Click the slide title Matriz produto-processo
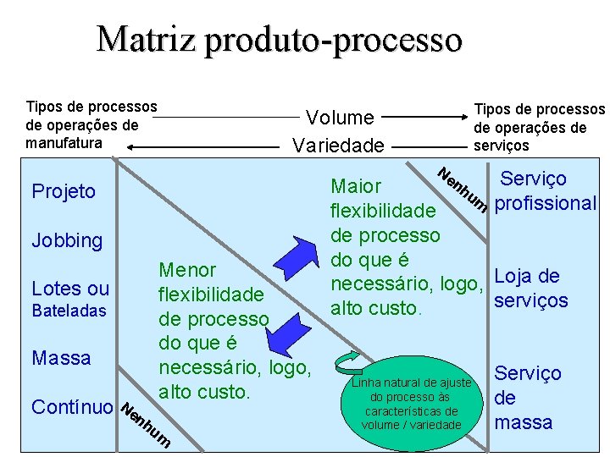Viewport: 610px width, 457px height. tap(280, 40)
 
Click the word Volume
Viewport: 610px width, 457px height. tap(340, 117)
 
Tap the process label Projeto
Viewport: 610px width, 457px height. tap(64, 191)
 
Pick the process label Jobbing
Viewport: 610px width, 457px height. tap(67, 240)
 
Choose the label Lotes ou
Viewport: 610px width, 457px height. tap(70, 288)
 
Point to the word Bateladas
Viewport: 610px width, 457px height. tap(69, 311)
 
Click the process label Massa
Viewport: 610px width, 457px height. tap(61, 358)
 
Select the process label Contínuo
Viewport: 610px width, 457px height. tap(72, 406)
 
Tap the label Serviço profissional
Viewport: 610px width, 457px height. tap(545, 191)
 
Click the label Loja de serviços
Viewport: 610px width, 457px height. tap(530, 288)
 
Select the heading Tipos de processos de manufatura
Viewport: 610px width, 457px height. tap(91, 125)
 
